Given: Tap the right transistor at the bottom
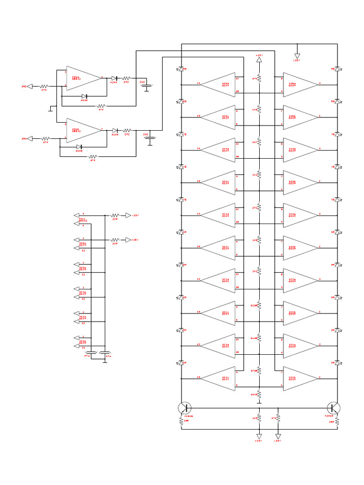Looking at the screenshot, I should point(334,408).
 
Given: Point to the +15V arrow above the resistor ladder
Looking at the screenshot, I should point(259,59).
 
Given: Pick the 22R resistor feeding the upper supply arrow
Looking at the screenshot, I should point(115,216).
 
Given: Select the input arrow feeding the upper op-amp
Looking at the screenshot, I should point(29,86).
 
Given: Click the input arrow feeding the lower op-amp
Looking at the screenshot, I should point(29,138).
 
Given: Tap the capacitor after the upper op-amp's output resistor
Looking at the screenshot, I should point(147,86).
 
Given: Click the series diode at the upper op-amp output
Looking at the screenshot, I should point(114,78).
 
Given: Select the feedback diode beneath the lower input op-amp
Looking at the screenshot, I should point(80,147).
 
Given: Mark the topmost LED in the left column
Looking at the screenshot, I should point(181,69).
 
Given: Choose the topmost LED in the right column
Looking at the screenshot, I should point(337,69).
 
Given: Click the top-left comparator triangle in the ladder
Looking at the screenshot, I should point(219,84).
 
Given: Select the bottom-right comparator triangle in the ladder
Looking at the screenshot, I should point(300,378).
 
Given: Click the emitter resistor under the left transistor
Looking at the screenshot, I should point(181,421).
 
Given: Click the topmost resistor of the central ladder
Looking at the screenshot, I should point(259,79).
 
